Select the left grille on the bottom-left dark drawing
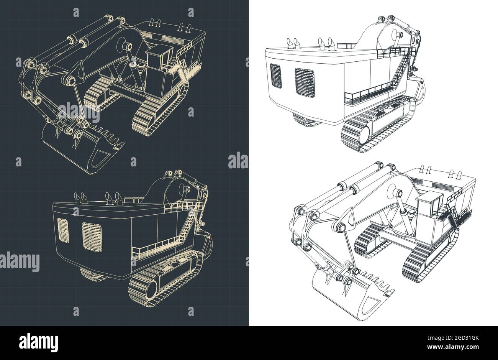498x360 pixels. point(63,230)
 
